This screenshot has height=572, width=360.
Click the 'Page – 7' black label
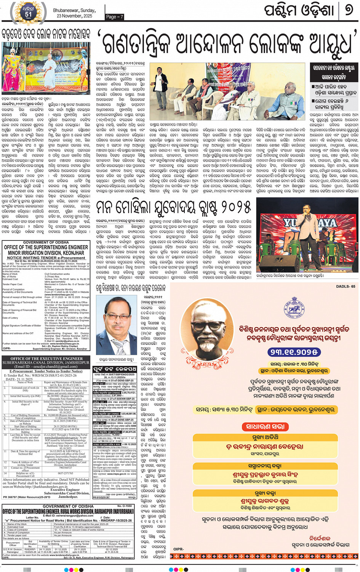[x=115, y=16]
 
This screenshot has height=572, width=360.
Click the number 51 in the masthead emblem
[x=29, y=14]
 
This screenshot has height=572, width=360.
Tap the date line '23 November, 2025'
[x=75, y=16]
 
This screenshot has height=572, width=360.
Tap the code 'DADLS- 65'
[x=346, y=286]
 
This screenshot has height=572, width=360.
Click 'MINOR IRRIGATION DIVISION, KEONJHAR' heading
[x=46, y=253]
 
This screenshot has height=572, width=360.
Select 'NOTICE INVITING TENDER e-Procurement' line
[x=46, y=258]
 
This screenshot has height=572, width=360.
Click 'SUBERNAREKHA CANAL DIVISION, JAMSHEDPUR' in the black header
[x=46, y=362]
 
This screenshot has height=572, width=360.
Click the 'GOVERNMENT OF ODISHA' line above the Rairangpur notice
[x=68, y=506]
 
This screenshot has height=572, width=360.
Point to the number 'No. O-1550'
[x=124, y=506]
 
